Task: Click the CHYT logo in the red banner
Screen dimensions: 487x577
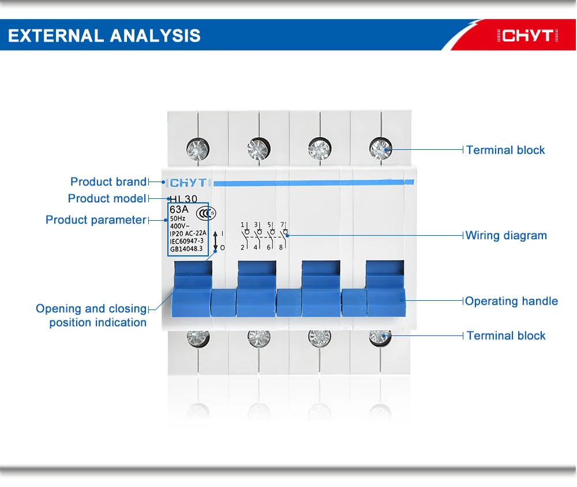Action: coord(527,36)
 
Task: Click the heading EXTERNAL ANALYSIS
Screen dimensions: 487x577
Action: coord(104,36)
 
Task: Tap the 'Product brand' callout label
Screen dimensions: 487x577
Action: coord(108,182)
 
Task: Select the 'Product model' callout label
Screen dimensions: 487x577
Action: coord(107,199)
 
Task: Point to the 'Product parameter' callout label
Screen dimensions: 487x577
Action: coord(96,220)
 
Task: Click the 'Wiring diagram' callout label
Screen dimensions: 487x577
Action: coord(506,236)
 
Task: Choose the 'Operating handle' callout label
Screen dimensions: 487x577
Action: coord(511,301)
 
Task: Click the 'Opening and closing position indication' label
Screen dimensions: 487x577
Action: coord(92,316)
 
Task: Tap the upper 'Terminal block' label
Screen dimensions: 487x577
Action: coord(505,150)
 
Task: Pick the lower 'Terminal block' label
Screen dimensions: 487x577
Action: coord(506,336)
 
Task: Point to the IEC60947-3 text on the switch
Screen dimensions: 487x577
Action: coord(186,241)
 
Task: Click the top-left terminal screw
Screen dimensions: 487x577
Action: coord(197,149)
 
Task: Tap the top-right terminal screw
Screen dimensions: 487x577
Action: coord(380,148)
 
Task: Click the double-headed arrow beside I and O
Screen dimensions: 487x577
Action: coord(215,240)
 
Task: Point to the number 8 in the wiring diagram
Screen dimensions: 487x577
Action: coord(281,247)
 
